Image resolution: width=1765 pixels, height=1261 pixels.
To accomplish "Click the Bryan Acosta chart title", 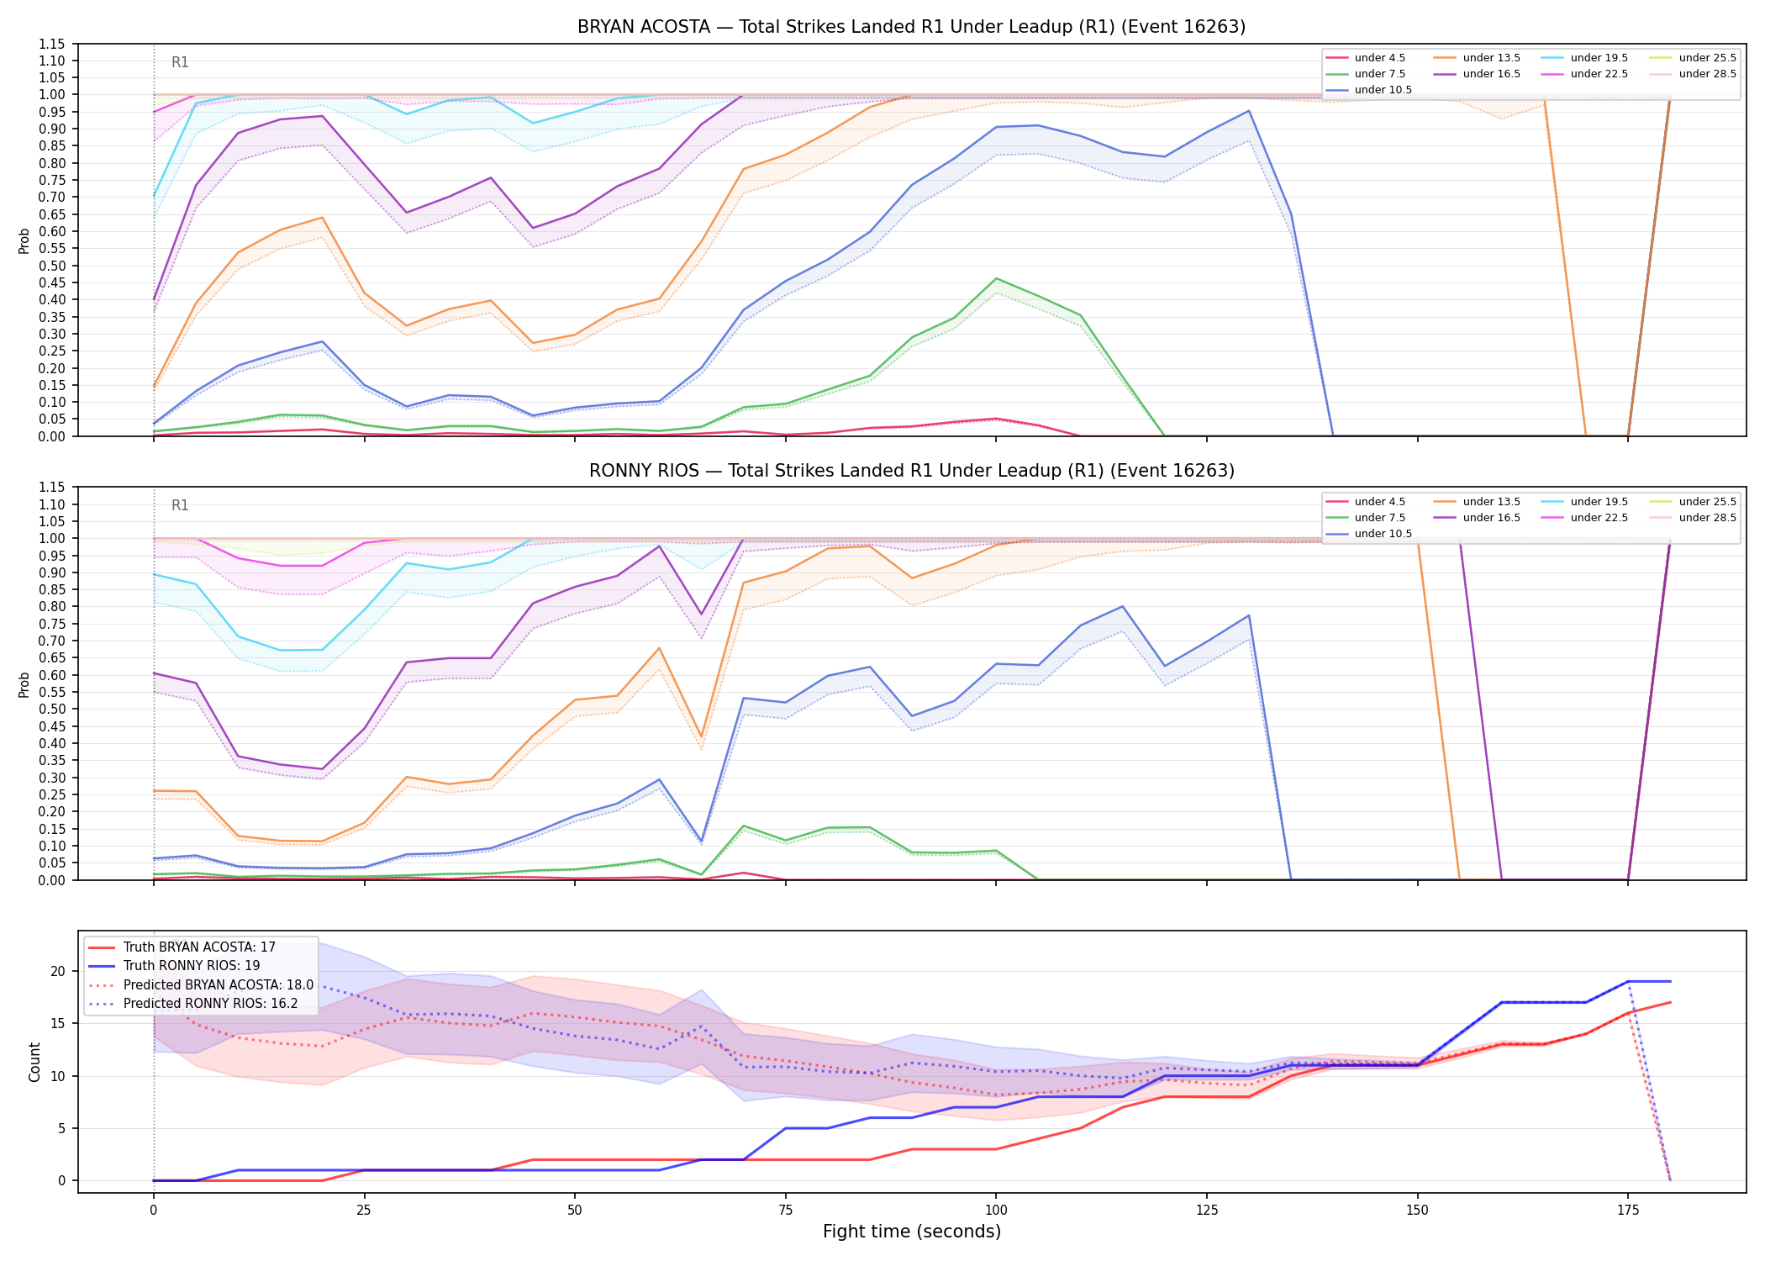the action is [x=911, y=27].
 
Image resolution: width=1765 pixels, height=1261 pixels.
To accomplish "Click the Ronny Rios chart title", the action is [x=911, y=471].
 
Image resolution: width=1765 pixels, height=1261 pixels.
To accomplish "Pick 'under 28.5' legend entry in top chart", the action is [x=1694, y=74].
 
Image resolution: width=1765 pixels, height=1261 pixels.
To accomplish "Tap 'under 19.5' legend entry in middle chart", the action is [x=1585, y=502].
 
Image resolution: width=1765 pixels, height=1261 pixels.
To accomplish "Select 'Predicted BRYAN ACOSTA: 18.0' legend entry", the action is [x=201, y=984].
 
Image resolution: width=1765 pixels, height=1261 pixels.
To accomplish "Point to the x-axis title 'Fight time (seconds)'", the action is [x=912, y=1232].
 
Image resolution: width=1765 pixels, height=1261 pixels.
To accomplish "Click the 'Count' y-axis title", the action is [x=34, y=1062].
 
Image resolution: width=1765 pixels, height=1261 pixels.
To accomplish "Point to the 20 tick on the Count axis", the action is [x=58, y=971].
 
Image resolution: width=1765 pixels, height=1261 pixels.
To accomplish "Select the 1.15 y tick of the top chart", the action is [x=53, y=44].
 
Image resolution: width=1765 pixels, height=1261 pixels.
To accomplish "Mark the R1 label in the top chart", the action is [x=180, y=62].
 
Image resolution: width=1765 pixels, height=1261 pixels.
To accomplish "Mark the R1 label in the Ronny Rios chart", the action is [x=180, y=505].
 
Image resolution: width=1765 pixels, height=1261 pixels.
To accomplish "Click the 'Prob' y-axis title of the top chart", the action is [x=24, y=240].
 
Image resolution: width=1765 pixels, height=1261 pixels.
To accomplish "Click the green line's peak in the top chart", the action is [x=996, y=278].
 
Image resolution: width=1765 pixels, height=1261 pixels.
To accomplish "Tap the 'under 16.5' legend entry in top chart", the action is [x=1477, y=74].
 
